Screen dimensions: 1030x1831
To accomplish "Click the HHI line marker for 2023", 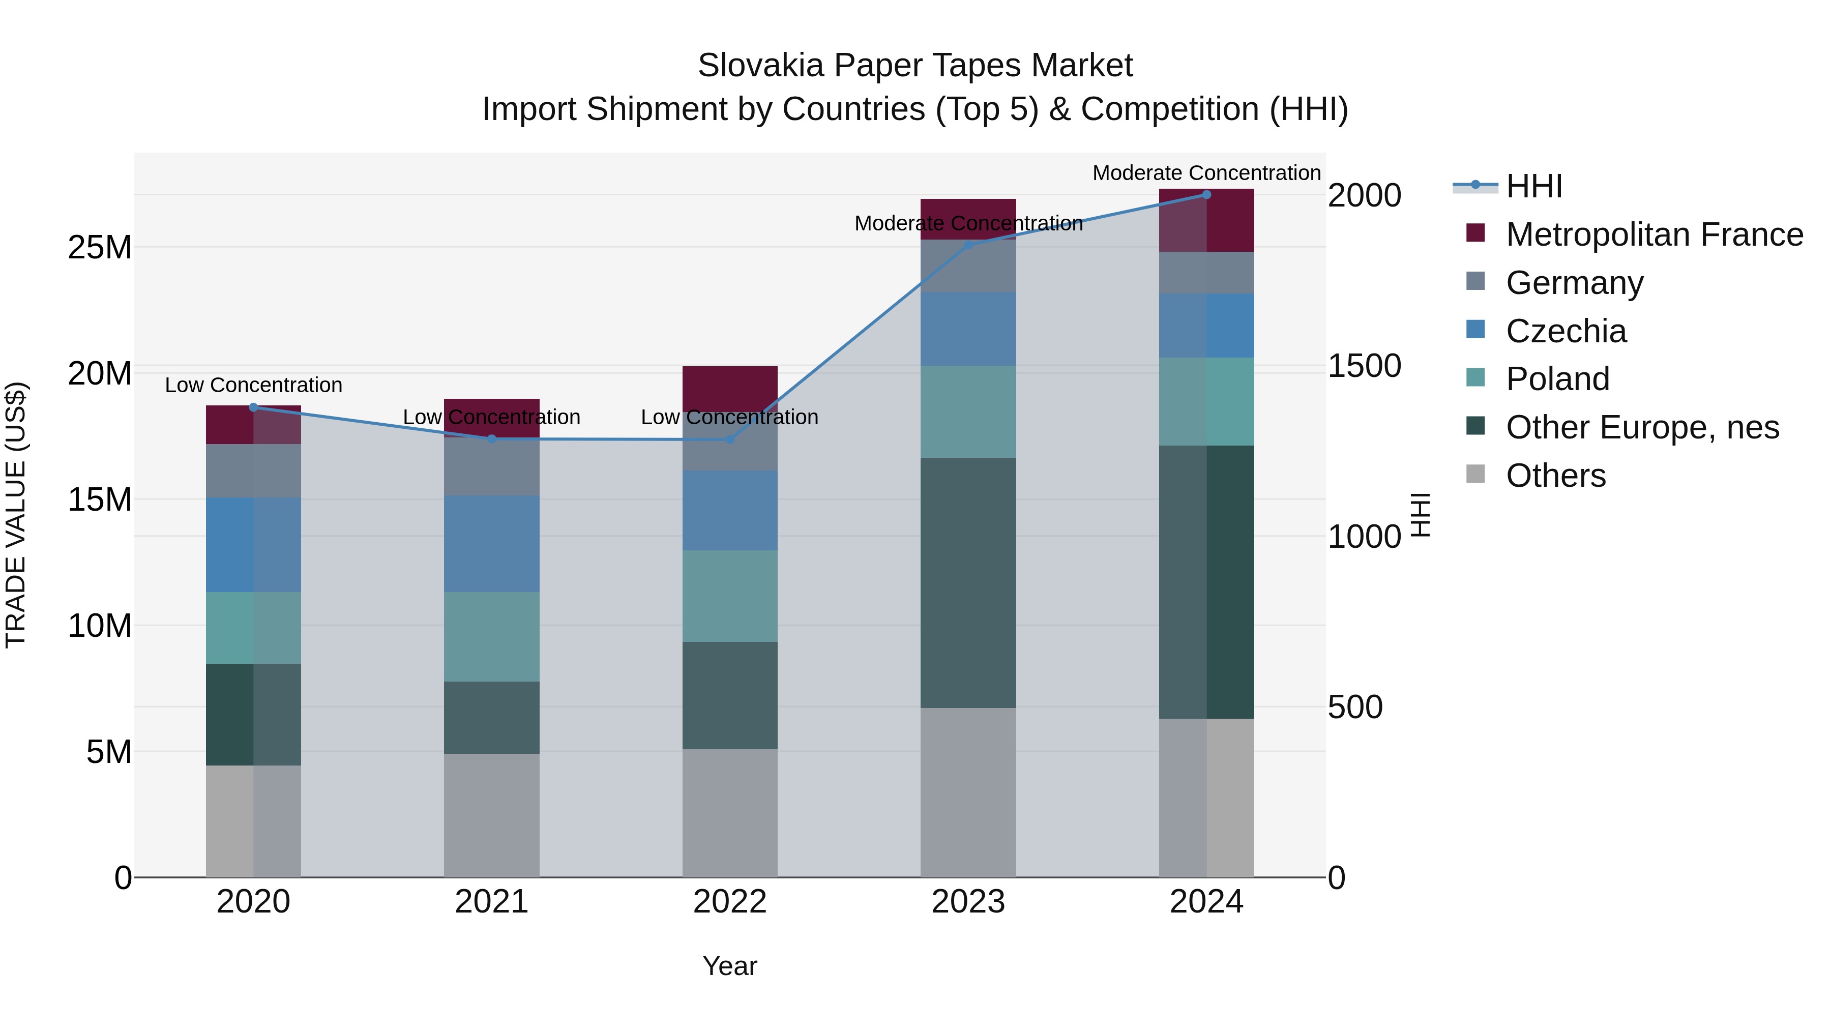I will (968, 245).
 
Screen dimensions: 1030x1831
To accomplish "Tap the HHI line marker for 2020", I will (254, 407).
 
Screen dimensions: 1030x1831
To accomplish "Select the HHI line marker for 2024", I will (1206, 195).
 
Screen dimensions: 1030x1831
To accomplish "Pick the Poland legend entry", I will (1557, 379).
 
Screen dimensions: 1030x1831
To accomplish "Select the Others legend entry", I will (1555, 476).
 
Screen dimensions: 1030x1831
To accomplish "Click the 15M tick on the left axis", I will (100, 499).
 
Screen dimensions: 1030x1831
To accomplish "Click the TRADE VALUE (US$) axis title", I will (16, 515).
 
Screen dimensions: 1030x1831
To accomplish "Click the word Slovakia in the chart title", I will (760, 66).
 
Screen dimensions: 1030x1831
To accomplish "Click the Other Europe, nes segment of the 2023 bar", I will (968, 583).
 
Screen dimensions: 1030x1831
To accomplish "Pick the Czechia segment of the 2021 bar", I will (492, 544).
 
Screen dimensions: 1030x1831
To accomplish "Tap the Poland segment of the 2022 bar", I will (730, 596).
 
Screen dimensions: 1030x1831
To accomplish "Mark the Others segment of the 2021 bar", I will (492, 815).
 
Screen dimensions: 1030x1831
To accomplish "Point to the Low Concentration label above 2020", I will (254, 385).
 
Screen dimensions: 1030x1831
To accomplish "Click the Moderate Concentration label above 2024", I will (1206, 173).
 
